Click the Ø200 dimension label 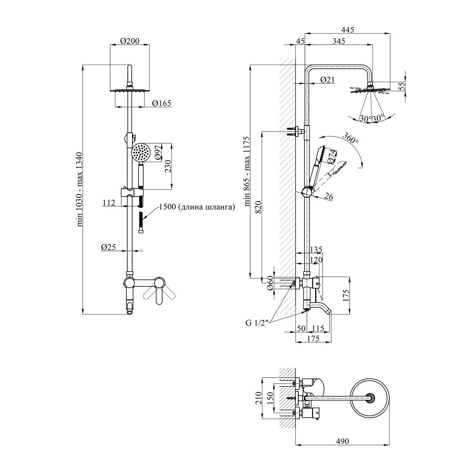pyautogui.click(x=130, y=41)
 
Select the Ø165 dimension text pyautogui.click(x=161, y=103)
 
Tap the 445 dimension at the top pyautogui.click(x=348, y=30)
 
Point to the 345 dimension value pyautogui.click(x=338, y=41)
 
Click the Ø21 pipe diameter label pyautogui.click(x=327, y=79)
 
